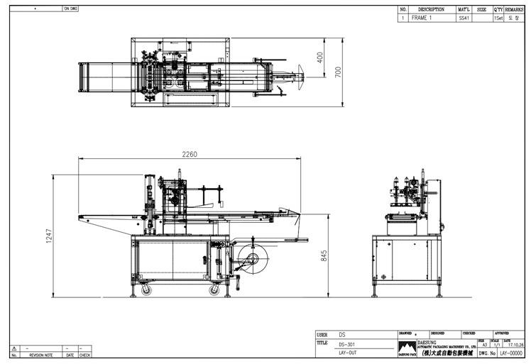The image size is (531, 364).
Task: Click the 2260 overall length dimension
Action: pyautogui.click(x=190, y=155)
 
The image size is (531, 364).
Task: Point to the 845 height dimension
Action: pyautogui.click(x=324, y=255)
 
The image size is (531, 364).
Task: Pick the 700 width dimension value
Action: pyautogui.click(x=338, y=72)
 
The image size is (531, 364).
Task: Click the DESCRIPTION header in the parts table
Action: pyautogui.click(x=431, y=10)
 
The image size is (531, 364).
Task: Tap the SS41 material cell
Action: pyautogui.click(x=464, y=18)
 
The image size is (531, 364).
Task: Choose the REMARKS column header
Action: pyautogui.click(x=515, y=10)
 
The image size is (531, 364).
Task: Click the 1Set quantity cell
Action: pyautogui.click(x=498, y=18)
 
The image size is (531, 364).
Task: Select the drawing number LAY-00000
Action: pyautogui.click(x=511, y=352)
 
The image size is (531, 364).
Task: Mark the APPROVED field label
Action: pyautogui.click(x=502, y=332)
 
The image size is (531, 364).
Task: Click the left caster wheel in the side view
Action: pyautogui.click(x=146, y=289)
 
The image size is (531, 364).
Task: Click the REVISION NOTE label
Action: pyautogui.click(x=40, y=355)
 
